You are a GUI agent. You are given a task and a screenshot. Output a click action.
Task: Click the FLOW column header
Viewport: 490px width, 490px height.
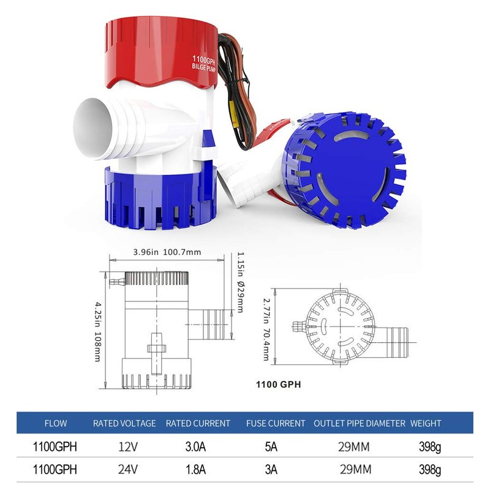[56, 423]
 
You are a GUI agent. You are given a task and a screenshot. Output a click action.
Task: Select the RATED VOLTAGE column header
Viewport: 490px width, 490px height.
[124, 423]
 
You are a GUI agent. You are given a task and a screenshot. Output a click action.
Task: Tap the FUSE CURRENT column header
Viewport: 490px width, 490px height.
[276, 423]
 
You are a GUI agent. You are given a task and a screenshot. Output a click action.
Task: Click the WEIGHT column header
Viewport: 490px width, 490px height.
[426, 423]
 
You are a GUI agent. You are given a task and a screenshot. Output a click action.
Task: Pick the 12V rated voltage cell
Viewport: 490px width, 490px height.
[128, 447]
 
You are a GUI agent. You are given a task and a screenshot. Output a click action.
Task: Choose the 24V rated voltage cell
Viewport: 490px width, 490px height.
[128, 469]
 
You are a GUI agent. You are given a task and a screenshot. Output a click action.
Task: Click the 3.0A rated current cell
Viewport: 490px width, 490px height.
[195, 447]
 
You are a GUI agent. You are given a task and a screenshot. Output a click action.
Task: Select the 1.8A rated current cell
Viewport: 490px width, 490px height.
[195, 469]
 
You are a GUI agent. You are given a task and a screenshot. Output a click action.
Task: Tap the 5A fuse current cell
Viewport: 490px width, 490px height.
[271, 447]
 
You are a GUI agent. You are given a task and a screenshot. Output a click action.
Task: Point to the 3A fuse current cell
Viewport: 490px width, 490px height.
[271, 469]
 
